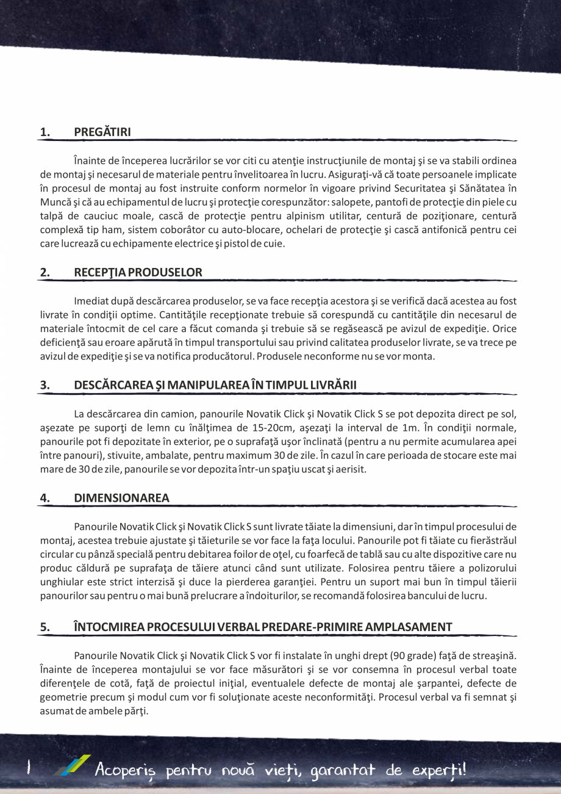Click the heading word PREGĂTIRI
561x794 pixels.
[102, 132]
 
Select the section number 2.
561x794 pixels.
[44, 272]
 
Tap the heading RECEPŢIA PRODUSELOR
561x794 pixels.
[138, 272]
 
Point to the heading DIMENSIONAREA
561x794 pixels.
[121, 497]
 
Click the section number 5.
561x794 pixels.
[44, 627]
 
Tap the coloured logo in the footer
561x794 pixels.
[71, 766]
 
